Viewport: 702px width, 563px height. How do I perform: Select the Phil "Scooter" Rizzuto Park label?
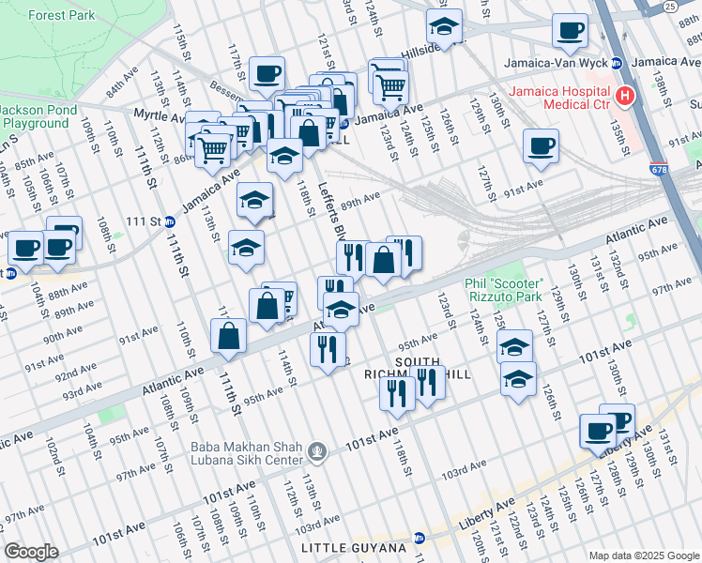coord(504,290)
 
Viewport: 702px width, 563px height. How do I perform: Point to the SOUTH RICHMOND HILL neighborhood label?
coord(417,368)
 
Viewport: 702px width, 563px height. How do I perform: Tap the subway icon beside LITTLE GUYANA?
coord(419,538)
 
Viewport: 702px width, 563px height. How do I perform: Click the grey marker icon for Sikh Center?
coord(319,453)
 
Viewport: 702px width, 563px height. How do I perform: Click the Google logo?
coord(31,552)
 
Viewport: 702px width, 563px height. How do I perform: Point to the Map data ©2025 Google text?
coord(643,555)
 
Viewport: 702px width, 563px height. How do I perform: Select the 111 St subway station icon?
coord(170,221)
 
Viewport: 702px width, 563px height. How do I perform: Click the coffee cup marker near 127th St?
coord(541,146)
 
